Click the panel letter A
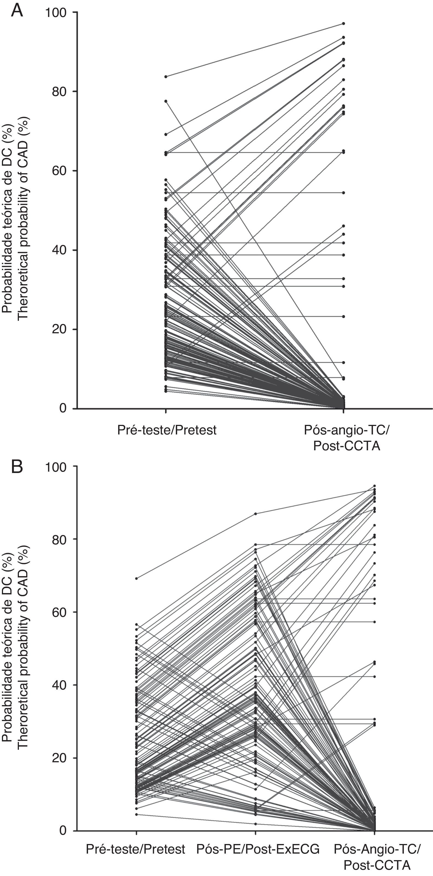17,11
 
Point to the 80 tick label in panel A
59,92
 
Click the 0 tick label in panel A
63,408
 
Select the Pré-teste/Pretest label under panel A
166,430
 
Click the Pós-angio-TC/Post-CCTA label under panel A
346,438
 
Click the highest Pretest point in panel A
166,77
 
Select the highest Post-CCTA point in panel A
344,24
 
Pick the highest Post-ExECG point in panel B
255,514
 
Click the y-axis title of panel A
16,218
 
